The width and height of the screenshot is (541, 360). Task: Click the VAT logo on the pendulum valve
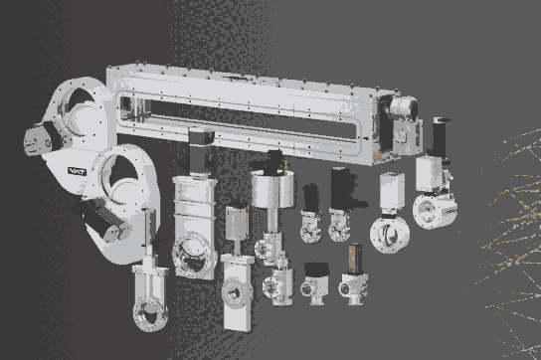(x=77, y=171)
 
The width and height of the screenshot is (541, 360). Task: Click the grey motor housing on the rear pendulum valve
(x=37, y=139)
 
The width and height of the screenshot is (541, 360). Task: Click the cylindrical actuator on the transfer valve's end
(x=404, y=108)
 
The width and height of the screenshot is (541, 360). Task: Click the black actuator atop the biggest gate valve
(x=200, y=149)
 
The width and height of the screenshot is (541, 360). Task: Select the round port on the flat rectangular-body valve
(x=236, y=292)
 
